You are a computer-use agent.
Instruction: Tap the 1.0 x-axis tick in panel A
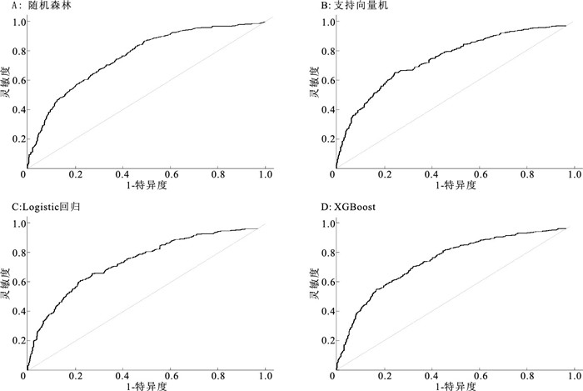tap(266, 176)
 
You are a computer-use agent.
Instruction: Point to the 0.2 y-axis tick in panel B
tap(322, 139)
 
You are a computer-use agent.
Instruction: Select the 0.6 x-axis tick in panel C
tap(170, 375)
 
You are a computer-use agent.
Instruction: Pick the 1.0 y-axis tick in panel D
tap(322, 223)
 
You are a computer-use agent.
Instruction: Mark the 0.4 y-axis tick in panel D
tap(322, 310)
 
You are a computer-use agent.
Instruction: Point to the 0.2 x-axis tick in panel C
tap(74, 375)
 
